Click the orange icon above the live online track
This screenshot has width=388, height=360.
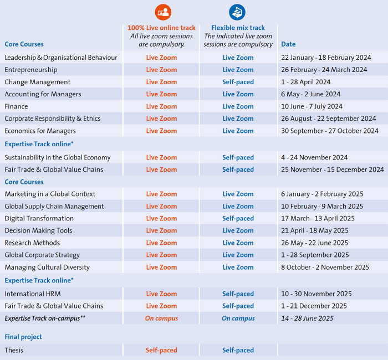tap(164, 12)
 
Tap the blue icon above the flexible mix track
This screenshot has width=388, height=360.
tap(237, 12)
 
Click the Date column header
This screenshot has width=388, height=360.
tap(288, 44)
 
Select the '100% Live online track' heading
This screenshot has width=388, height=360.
tap(161, 28)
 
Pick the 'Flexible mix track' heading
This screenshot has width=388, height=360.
tap(238, 28)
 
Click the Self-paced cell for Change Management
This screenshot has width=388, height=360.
tap(238, 82)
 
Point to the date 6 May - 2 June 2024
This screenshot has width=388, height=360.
tap(310, 94)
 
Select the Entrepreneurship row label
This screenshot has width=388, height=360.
tap(31, 70)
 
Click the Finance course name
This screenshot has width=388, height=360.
tap(16, 106)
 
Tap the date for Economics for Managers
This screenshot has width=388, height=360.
tap(330, 131)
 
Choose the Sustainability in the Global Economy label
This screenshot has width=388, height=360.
tap(58, 157)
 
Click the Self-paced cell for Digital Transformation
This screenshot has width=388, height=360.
tap(238, 218)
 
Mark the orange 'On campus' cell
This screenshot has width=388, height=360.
tap(161, 318)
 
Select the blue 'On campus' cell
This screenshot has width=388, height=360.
tap(238, 318)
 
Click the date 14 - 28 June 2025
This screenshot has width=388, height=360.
tap(307, 318)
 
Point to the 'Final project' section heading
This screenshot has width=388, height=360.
tap(23, 337)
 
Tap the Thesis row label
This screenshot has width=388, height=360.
tap(14, 350)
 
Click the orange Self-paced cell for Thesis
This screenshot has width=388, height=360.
tap(161, 350)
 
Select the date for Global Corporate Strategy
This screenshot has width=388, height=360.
tap(315, 255)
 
